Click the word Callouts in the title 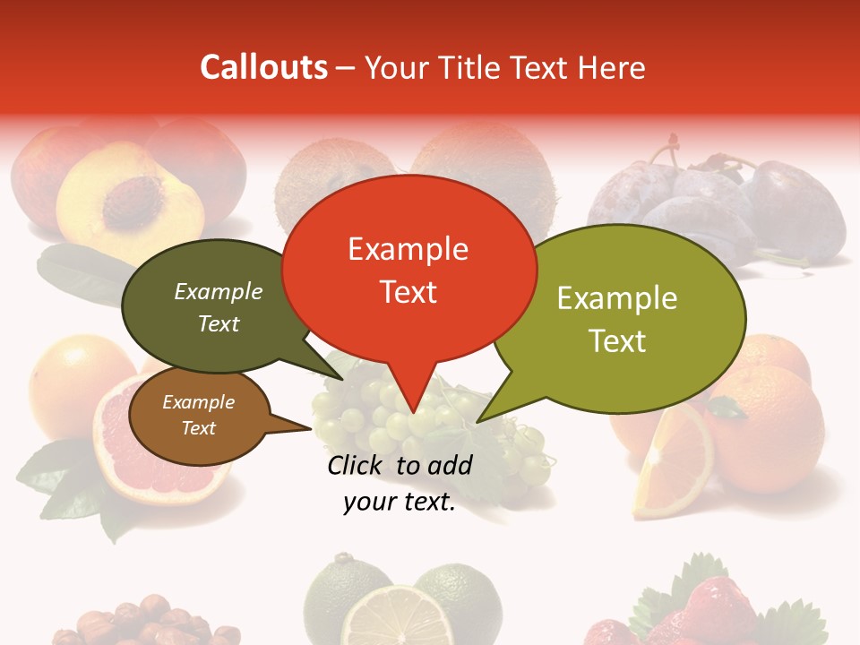pyautogui.click(x=263, y=67)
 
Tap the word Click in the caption pyautogui.click(x=357, y=465)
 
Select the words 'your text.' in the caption pyautogui.click(x=400, y=503)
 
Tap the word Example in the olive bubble pyautogui.click(x=617, y=298)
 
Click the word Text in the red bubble pyautogui.click(x=408, y=292)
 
